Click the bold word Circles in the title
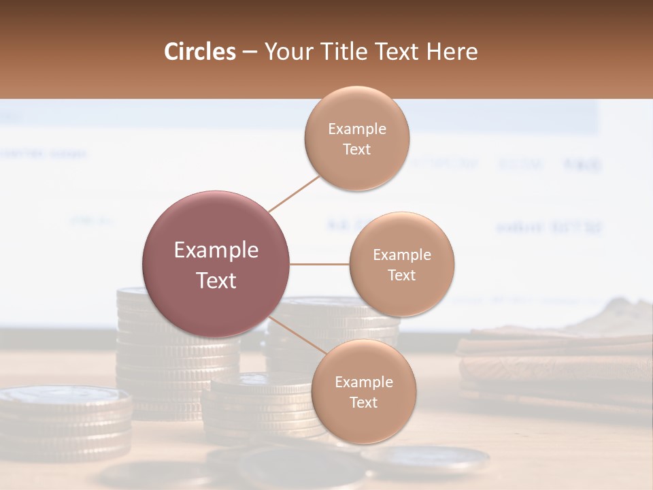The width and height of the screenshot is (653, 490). pyautogui.click(x=200, y=52)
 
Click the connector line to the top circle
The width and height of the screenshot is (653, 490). pyautogui.click(x=294, y=193)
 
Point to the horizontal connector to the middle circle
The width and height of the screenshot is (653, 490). pyautogui.click(x=319, y=264)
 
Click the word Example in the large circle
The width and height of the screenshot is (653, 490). pyautogui.click(x=216, y=250)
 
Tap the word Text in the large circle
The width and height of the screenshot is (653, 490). pyautogui.click(x=216, y=280)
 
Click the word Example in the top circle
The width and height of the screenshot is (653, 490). pyautogui.click(x=357, y=129)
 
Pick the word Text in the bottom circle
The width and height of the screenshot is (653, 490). pyautogui.click(x=363, y=402)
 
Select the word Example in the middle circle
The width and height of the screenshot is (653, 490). pyautogui.click(x=402, y=255)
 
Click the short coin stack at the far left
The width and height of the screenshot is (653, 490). pyautogui.click(x=65, y=422)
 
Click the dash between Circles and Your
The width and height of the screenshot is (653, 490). pyautogui.click(x=250, y=52)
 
